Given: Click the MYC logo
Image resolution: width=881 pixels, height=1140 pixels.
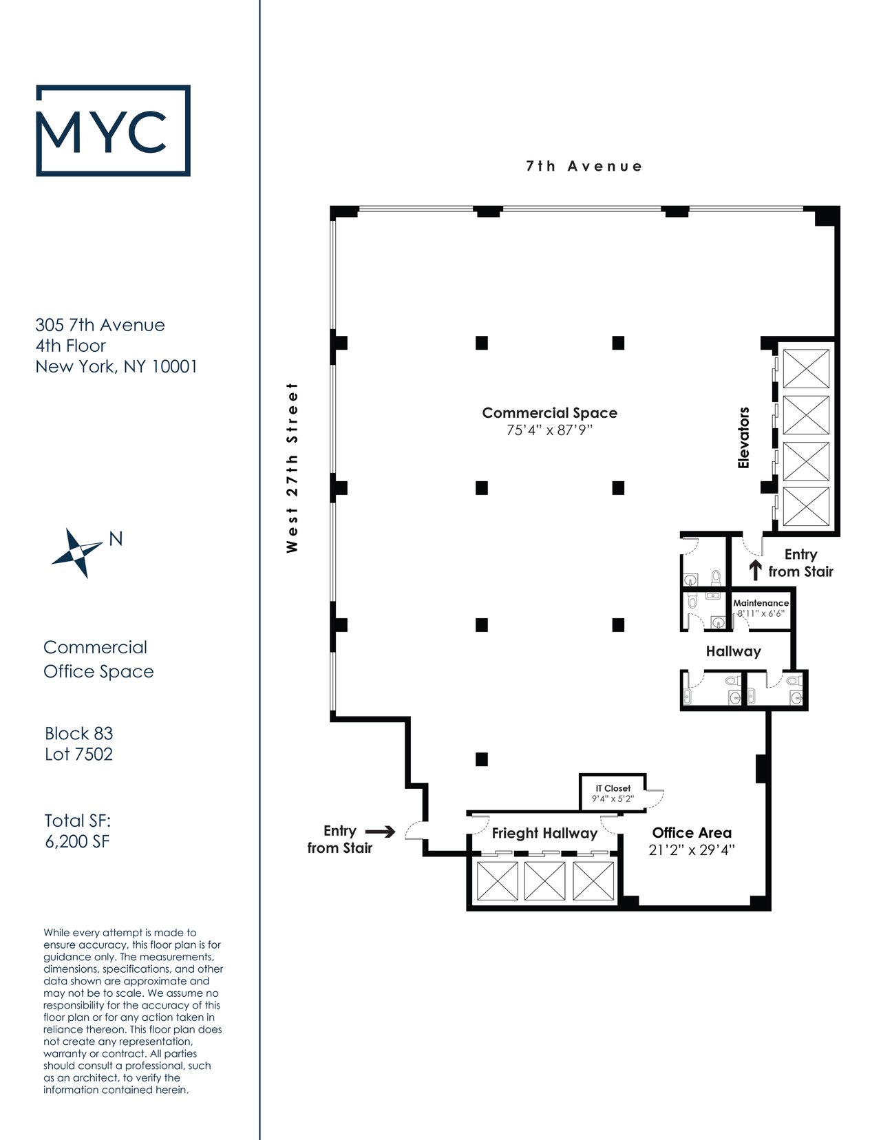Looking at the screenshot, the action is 113,130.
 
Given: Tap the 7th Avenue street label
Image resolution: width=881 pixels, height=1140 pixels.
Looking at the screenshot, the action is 584,167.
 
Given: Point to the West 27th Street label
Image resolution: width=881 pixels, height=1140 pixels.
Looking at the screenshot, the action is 292,467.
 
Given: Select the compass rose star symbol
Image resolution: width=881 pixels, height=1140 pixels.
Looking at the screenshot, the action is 77,553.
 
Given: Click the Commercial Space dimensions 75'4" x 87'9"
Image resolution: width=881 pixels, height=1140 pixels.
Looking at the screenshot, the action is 549,430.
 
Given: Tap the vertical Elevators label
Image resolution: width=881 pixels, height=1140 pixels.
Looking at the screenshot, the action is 743,438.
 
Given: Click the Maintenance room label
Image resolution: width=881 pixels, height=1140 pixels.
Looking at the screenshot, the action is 761,603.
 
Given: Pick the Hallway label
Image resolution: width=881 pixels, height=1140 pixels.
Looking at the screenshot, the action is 733,652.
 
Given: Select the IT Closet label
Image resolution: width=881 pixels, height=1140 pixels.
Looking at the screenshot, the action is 613,788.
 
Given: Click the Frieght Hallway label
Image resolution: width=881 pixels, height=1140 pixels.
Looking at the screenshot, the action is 545,834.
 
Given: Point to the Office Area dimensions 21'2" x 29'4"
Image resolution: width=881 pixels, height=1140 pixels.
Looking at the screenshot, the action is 692,850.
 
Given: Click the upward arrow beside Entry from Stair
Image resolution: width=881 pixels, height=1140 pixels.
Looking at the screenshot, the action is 755,570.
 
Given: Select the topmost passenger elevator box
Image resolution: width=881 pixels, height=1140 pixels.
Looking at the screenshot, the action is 806,369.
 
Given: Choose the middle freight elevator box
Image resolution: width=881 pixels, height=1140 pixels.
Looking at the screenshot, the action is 545,881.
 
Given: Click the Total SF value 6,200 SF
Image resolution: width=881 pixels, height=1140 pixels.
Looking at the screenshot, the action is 78,841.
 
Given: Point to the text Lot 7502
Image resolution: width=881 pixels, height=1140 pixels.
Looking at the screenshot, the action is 78,754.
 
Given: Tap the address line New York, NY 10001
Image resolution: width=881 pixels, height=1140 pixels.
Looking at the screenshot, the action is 116,366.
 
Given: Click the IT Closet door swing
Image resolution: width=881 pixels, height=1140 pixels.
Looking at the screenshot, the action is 655,799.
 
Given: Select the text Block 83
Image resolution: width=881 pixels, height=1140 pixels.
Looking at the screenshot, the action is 78,733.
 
